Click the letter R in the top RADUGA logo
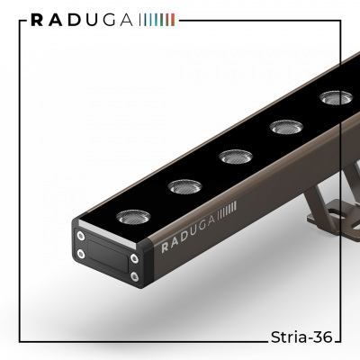coord(37,20)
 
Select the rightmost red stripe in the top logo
coord(173,20)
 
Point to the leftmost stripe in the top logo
coord(140,20)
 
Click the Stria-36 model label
coord(301,337)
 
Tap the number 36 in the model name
coord(322,337)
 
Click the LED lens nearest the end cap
coord(133,217)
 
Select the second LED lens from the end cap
coord(184,186)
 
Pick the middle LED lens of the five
coord(236,157)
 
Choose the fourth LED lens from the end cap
coord(286,127)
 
